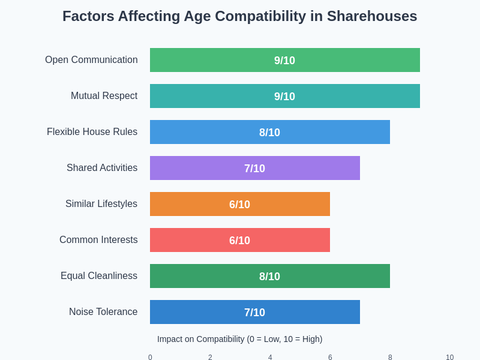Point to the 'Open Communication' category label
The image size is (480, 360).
91,60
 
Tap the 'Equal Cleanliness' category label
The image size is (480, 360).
99,276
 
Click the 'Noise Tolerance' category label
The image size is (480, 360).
103,312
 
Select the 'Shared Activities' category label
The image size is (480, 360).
102,168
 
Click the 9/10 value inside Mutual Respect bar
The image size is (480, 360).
284,97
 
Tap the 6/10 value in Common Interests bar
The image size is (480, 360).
239,241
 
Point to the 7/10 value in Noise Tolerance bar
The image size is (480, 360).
254,313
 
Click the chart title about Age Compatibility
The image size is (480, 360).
240,16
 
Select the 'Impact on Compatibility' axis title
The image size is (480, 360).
240,339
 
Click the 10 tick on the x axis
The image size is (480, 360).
449,357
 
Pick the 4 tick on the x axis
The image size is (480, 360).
270,357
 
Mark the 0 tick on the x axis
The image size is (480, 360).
150,357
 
